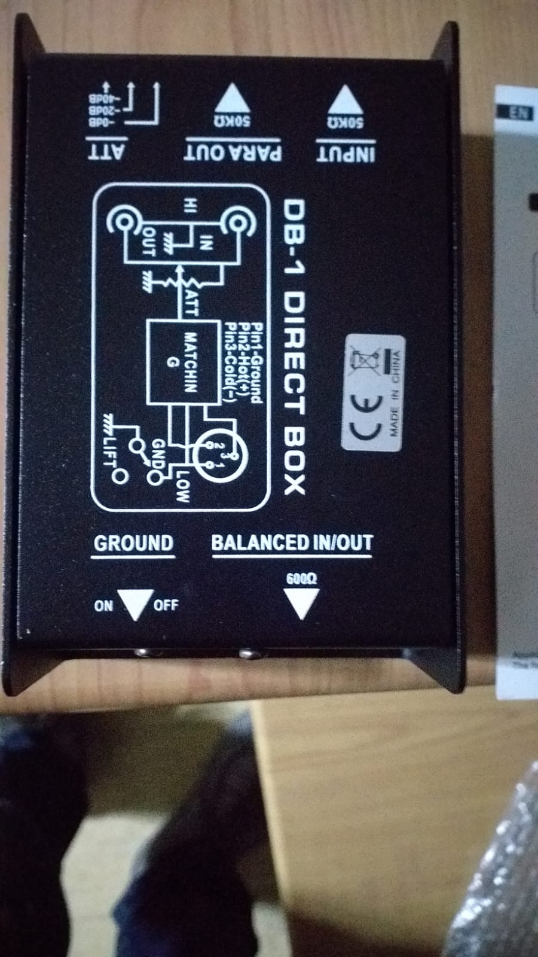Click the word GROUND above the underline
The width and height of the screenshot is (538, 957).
click(133, 543)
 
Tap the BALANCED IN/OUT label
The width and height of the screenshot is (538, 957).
click(292, 542)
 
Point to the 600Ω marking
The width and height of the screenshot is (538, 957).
click(301, 578)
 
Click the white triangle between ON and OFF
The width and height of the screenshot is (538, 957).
click(133, 604)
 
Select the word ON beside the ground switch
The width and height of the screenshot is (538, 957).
click(103, 605)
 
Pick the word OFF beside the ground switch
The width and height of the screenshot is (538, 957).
click(166, 605)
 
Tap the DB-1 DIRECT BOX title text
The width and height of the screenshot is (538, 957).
click(294, 347)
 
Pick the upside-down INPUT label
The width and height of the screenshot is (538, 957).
click(346, 153)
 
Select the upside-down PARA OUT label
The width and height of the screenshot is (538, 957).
click(233, 152)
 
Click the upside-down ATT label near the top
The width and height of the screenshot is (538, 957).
click(106, 152)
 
